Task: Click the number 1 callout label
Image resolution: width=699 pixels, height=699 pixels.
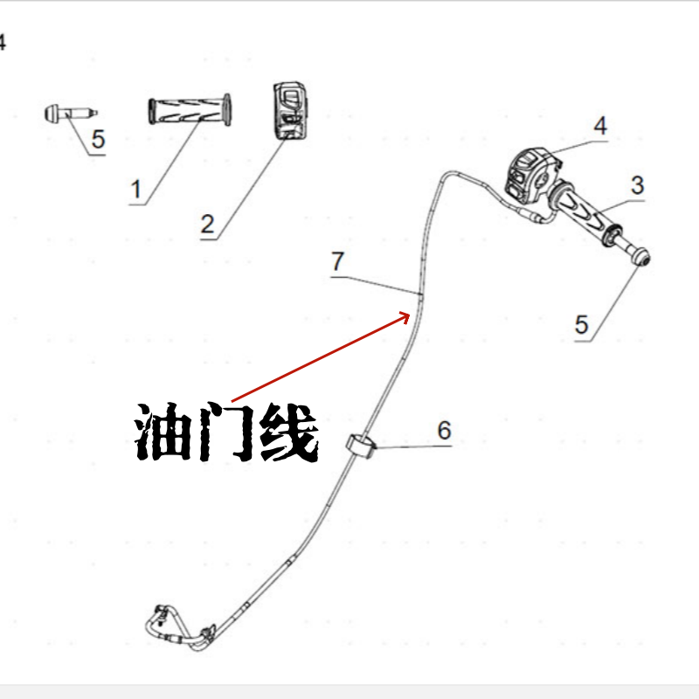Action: click(135, 188)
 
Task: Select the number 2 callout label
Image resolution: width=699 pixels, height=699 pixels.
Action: click(207, 223)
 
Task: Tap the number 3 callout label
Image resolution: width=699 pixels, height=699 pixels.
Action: click(637, 185)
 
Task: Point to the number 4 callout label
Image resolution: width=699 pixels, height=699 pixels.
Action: click(600, 126)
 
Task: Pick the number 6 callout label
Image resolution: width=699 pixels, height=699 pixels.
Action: click(444, 430)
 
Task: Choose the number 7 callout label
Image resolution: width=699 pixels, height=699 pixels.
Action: click(338, 260)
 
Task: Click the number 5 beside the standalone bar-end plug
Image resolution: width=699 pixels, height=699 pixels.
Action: click(98, 139)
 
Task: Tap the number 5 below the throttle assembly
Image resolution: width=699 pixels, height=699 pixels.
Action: click(583, 324)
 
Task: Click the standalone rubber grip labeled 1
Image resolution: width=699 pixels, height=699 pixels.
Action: click(190, 112)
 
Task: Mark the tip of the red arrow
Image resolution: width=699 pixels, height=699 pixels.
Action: click(409, 314)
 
